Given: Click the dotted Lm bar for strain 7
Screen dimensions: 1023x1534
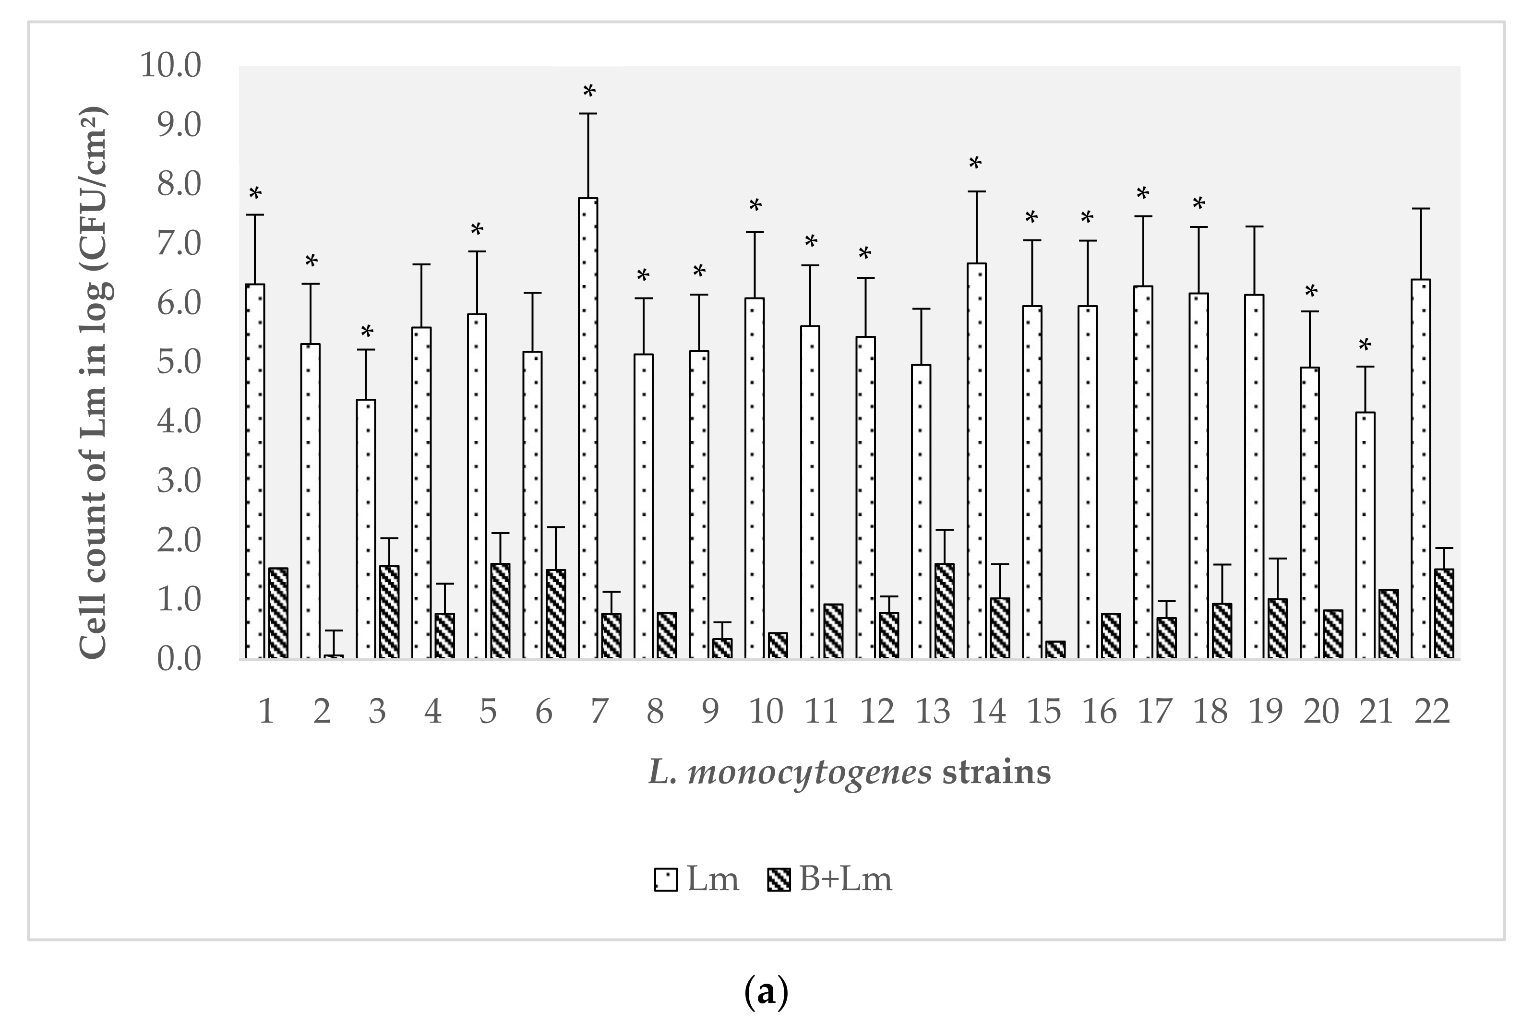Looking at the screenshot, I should [588, 428].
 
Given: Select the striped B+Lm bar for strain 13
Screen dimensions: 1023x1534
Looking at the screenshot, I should [944, 611].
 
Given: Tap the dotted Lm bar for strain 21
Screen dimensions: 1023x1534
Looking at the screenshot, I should [1365, 535].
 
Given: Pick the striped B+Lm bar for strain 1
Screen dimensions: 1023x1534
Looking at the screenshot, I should [278, 613].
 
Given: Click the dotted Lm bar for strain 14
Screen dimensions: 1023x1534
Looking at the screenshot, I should [977, 461].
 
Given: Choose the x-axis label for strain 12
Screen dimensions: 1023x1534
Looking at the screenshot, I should [877, 711].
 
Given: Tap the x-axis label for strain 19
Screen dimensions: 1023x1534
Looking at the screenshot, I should [1266, 711].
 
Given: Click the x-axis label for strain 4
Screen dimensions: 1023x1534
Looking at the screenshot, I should [432, 711].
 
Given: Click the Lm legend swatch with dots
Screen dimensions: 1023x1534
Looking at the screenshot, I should [666, 880].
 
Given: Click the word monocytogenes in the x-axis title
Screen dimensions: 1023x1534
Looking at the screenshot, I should [809, 773].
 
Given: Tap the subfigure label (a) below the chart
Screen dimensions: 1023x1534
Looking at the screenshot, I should [766, 993].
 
